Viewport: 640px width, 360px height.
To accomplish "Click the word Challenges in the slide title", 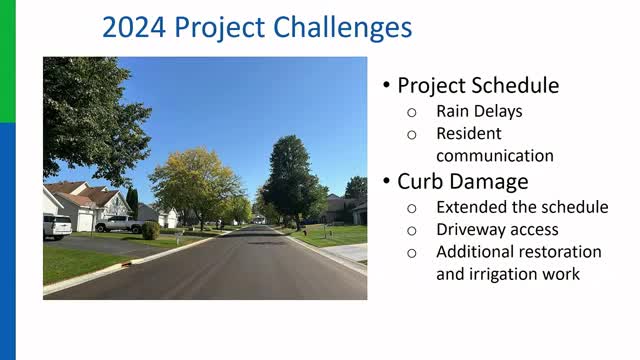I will (x=344, y=27).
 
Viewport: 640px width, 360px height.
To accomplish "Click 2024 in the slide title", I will (x=133, y=27).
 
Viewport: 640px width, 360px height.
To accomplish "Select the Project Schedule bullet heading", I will (x=478, y=85).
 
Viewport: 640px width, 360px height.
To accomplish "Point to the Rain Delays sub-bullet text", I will (x=479, y=110).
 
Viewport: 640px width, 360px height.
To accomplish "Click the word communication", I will (x=494, y=155).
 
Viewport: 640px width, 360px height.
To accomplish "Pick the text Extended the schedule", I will (x=522, y=207).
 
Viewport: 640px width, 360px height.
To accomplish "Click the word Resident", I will (x=469, y=133).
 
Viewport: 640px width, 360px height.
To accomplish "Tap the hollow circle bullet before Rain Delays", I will (x=411, y=111).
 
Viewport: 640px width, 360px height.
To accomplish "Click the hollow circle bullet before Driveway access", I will (x=411, y=230).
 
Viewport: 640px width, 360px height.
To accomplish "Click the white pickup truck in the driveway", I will (x=119, y=224).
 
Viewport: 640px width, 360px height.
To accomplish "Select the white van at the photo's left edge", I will (x=56, y=226).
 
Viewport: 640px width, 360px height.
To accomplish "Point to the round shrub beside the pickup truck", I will (x=150, y=230).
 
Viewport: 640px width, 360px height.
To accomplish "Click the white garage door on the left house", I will (x=85, y=219).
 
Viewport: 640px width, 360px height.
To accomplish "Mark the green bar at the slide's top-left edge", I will (x=7, y=60).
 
